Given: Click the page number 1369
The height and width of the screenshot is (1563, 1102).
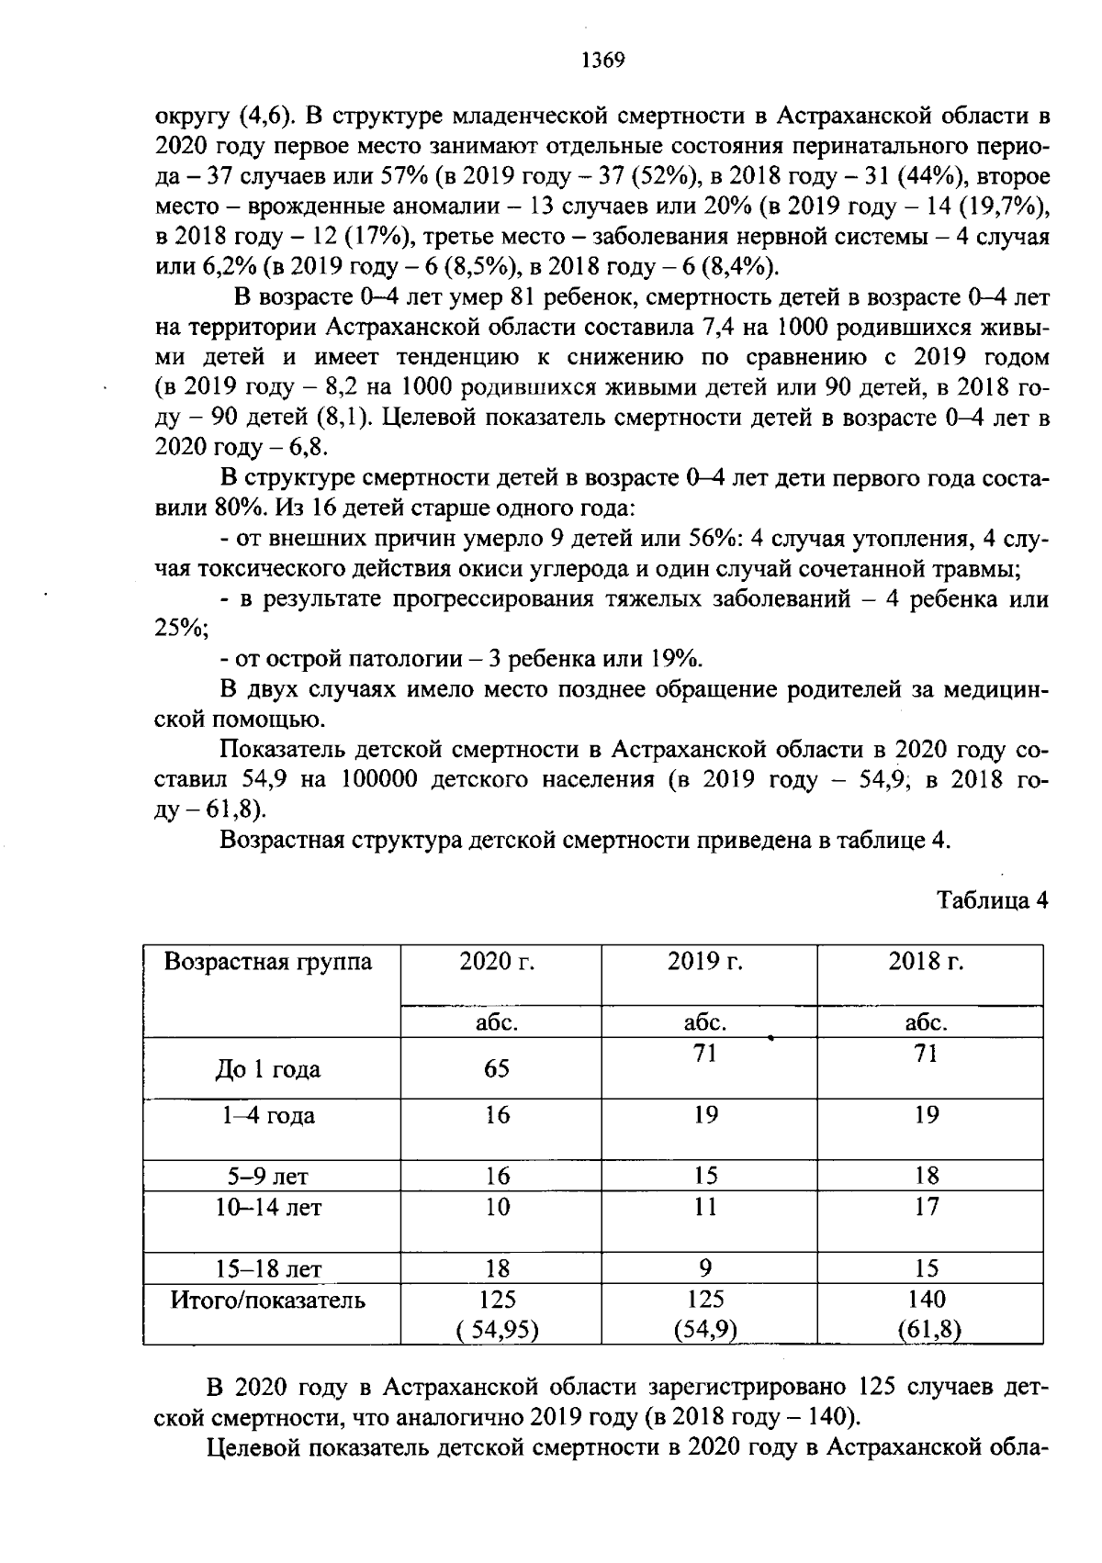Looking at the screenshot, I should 602,61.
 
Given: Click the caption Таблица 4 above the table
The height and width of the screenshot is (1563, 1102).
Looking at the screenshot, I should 992,899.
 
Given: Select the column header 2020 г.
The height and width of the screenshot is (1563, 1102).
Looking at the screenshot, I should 497,961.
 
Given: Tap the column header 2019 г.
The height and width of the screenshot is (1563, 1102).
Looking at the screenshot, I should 705,961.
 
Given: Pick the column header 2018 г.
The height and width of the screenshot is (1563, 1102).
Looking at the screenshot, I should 927,961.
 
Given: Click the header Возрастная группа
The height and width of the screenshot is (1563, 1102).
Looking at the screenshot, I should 268,961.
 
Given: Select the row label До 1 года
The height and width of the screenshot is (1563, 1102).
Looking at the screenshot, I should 268,1069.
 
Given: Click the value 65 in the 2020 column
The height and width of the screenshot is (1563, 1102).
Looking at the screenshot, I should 497,1069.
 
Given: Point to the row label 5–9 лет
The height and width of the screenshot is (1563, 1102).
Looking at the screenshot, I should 268,1177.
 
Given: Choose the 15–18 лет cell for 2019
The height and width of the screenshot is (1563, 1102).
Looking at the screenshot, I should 705,1268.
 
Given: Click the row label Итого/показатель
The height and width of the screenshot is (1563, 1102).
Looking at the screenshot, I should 268,1300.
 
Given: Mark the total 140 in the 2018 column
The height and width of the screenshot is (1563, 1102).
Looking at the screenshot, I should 927,1299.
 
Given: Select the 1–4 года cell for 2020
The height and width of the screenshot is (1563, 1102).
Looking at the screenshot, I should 497,1115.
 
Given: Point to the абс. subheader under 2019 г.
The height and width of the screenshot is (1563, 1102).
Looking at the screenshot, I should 705,1022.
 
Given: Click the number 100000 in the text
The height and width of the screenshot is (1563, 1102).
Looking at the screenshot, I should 379,780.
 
